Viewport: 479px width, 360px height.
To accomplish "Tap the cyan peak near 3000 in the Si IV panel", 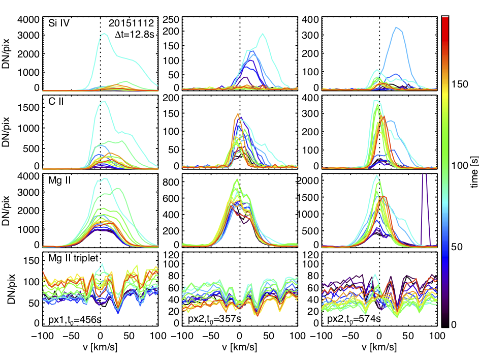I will tap(104, 34).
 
